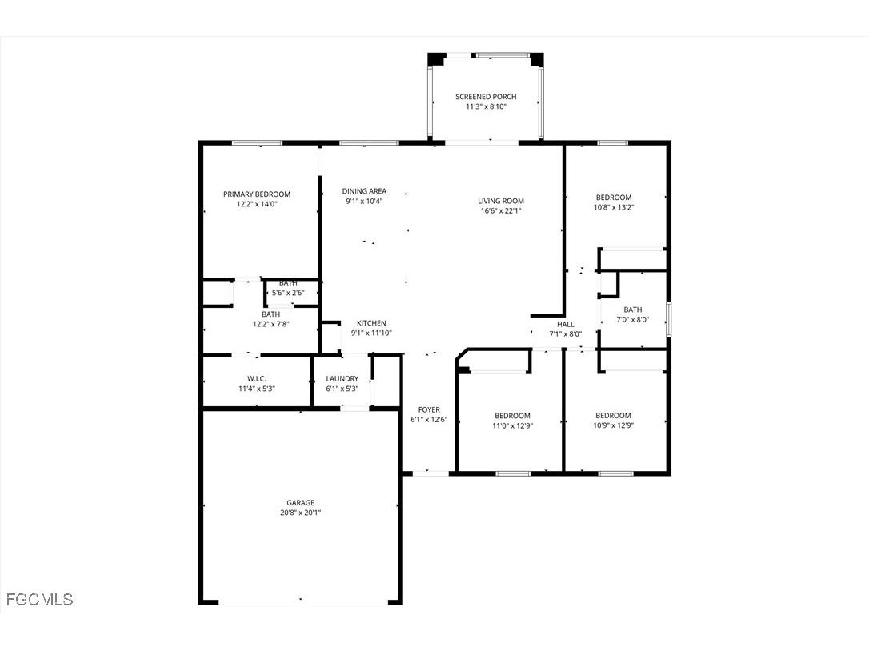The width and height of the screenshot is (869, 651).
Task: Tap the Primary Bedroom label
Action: coord(257,194)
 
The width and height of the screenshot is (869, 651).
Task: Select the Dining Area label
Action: coord(364,191)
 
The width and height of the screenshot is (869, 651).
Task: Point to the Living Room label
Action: coord(501,202)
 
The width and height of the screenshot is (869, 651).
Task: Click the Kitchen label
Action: coord(371,323)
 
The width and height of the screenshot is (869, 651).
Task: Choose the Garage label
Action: coord(301,503)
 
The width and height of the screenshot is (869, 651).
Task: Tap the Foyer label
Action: coord(429,409)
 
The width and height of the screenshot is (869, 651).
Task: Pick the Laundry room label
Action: coord(342,379)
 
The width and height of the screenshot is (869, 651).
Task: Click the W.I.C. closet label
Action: coord(256,379)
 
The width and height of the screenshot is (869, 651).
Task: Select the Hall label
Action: coord(566,324)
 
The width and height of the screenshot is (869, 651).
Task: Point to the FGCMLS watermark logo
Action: coord(39,599)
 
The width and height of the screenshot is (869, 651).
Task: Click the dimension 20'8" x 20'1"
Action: coord(301,513)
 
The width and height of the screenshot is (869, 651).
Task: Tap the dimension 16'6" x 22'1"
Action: coord(501,211)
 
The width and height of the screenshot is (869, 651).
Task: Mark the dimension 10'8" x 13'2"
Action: coord(614,207)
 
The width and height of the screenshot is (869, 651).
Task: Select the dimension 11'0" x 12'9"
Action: coord(512,425)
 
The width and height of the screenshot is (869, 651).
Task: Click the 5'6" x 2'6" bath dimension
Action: coord(288,293)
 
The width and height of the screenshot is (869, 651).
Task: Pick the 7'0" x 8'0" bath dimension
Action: coord(633,320)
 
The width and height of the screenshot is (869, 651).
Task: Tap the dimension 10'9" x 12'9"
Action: coord(613,425)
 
